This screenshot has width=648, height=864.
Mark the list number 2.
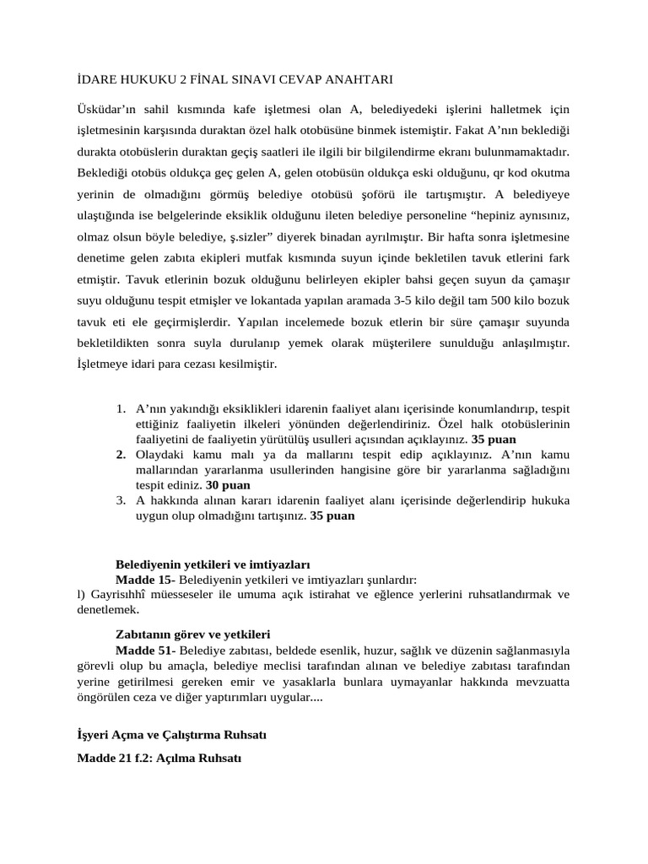(121, 454)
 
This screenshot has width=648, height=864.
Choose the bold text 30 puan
(228, 485)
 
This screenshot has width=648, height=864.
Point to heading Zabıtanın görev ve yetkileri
(192, 634)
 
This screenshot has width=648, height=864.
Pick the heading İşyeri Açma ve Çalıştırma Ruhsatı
(171, 734)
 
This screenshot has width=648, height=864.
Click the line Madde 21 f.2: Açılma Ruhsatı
(159, 759)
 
